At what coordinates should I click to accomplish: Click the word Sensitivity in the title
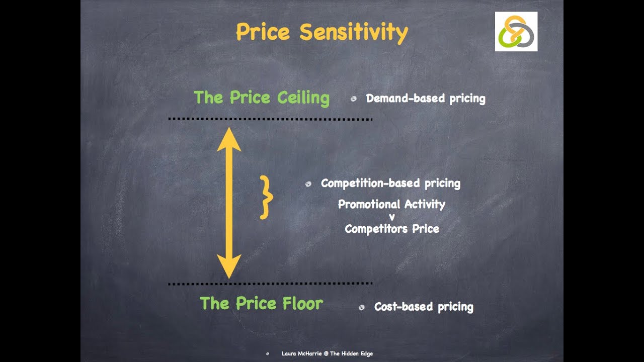coord(353,32)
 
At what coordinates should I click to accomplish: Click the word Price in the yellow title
coord(263,32)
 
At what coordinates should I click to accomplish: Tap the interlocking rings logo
coord(516,31)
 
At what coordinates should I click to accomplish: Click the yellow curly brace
coord(266,197)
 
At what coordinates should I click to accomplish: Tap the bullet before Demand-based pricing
coord(353,99)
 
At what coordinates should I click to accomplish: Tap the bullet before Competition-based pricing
coord(308,185)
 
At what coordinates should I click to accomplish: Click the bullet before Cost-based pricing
coord(361,307)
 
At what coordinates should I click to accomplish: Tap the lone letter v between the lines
coord(392,217)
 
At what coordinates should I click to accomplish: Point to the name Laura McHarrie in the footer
coord(301,354)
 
